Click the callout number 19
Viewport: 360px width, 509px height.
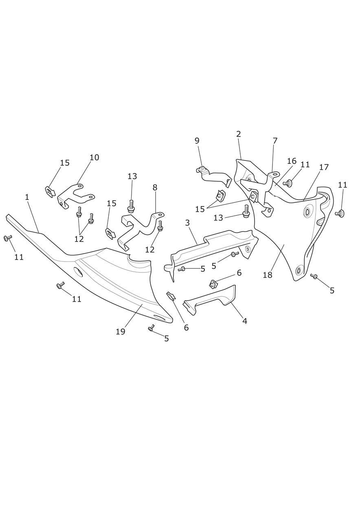[x=121, y=332]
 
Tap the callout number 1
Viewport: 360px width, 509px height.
[x=27, y=197]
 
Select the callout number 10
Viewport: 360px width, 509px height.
[x=94, y=157]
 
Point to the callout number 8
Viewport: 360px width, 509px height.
[x=155, y=187]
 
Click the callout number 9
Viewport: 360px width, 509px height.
[x=197, y=140]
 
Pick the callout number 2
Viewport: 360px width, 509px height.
[x=238, y=134]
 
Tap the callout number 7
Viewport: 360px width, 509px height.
[x=275, y=141]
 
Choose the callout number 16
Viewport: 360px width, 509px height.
[x=292, y=161]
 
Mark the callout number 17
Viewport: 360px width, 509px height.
[x=324, y=167]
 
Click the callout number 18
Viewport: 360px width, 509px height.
[x=268, y=275]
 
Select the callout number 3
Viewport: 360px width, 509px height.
[x=187, y=223]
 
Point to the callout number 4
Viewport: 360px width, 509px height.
[x=244, y=321]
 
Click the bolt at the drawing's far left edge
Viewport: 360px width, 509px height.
[x=7, y=238]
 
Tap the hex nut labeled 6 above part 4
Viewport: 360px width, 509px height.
[x=213, y=284]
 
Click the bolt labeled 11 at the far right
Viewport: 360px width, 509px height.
[x=340, y=213]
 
